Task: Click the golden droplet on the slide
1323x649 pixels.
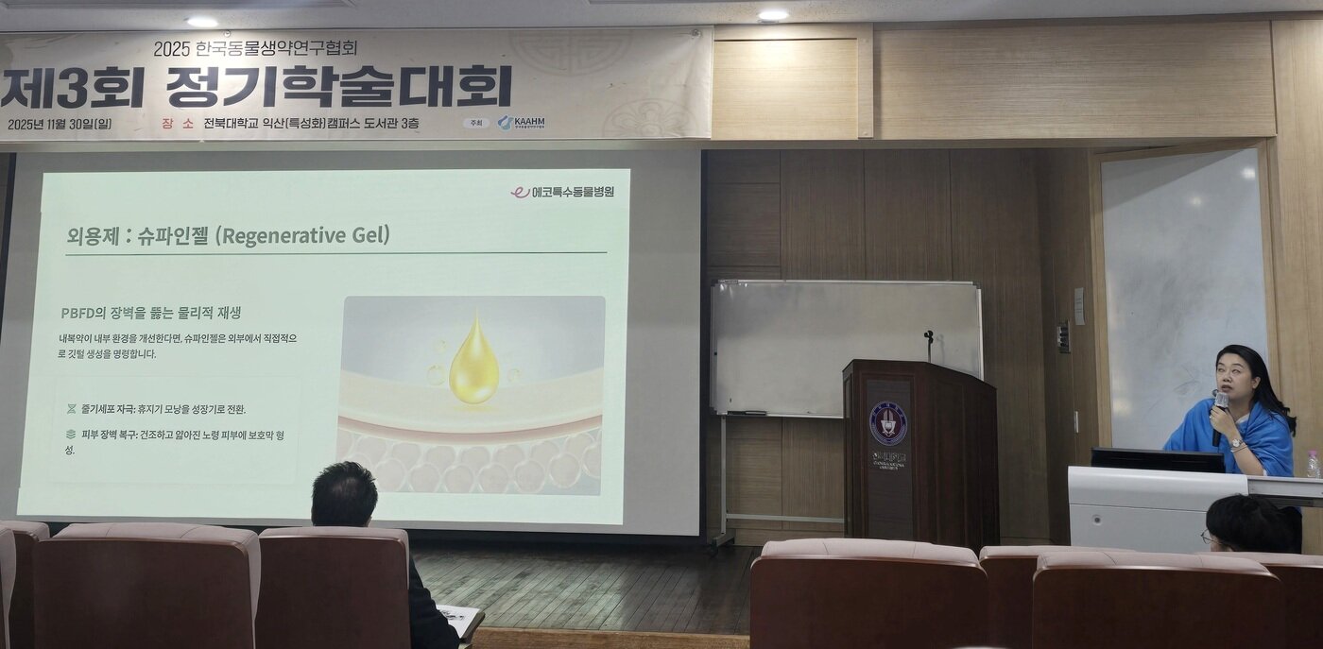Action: click(473, 363)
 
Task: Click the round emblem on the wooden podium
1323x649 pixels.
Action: click(887, 424)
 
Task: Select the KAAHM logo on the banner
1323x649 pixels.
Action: click(522, 123)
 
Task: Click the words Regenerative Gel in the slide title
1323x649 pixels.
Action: click(302, 235)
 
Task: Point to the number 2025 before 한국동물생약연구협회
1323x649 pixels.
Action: click(173, 47)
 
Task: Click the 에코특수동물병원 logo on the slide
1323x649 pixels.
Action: click(563, 192)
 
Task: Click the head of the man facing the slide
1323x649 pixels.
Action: click(344, 493)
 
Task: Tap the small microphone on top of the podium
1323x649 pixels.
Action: click(929, 337)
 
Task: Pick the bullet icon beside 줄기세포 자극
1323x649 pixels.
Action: click(71, 409)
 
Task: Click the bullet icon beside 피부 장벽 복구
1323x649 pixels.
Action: click(71, 435)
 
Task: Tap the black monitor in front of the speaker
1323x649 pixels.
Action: click(1158, 459)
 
